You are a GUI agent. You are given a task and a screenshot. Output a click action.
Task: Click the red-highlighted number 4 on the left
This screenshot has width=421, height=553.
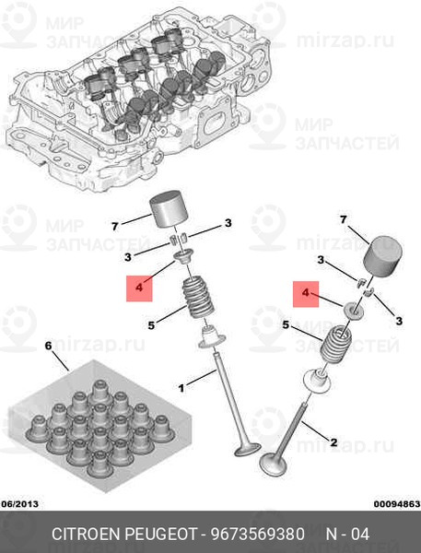(x=139, y=288)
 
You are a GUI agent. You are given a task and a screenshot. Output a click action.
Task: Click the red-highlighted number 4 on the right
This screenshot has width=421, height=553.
(x=306, y=293)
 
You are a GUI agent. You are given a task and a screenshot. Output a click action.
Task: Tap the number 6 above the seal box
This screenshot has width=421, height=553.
(x=48, y=346)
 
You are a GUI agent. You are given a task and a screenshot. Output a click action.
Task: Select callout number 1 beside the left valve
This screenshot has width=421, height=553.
(x=181, y=388)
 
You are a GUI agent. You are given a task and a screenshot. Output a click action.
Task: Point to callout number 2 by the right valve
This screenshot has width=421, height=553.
(x=333, y=441)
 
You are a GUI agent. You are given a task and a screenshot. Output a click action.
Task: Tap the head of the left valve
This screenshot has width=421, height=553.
(x=248, y=449)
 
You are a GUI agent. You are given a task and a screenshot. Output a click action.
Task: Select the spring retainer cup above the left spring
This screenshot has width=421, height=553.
(x=183, y=256)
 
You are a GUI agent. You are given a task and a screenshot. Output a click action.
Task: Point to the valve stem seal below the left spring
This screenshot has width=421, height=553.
(x=212, y=338)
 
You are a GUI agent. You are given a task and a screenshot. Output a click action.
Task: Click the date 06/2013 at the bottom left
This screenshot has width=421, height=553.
(x=19, y=503)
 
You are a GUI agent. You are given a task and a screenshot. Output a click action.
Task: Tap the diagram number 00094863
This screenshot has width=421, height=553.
(x=397, y=503)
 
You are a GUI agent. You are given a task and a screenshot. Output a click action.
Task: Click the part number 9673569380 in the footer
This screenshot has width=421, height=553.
(x=258, y=534)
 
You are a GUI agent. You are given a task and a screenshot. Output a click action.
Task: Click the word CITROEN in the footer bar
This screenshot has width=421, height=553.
(x=86, y=534)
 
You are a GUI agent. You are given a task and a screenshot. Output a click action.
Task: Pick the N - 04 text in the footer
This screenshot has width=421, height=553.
(x=347, y=534)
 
